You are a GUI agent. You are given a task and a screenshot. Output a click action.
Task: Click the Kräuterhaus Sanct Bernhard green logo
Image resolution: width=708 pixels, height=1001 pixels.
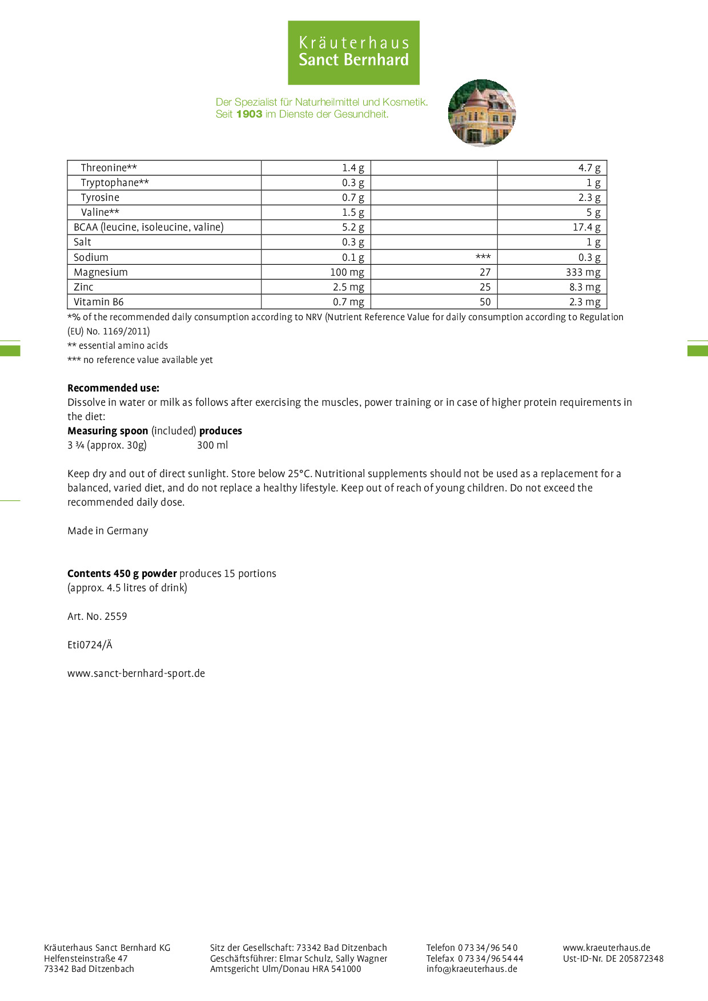point(353,53)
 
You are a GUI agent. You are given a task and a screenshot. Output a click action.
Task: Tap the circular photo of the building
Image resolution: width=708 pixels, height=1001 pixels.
point(482,113)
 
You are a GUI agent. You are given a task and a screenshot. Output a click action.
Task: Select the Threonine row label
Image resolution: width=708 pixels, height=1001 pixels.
point(108,168)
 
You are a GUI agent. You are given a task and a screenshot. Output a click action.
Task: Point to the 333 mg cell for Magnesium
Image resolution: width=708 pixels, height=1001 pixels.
point(583,272)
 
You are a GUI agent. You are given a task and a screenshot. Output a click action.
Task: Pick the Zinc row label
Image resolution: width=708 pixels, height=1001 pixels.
point(83,287)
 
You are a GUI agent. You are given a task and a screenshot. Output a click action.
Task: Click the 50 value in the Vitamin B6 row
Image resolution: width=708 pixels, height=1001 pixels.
point(485,302)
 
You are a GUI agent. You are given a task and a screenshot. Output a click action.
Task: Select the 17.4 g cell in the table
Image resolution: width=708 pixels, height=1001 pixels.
point(586,227)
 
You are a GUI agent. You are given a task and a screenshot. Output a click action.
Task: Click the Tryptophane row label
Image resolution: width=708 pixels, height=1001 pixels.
point(115,183)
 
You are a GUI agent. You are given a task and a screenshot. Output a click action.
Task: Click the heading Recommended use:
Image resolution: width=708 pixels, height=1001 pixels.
point(113,388)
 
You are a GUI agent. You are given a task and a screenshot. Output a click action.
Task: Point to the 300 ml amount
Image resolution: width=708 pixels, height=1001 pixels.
point(212,445)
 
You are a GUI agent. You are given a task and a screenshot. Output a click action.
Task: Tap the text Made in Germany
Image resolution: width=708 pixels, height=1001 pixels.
point(108,531)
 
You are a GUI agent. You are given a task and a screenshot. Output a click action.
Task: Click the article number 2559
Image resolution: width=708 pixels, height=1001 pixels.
point(116,616)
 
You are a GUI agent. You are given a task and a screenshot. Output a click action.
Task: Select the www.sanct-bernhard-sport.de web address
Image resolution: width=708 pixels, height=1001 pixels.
point(136,673)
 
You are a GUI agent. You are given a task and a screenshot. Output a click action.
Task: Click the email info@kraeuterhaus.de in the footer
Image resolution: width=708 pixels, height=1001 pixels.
point(472,968)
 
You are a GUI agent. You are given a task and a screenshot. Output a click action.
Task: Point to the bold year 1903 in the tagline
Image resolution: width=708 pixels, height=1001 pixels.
point(249,114)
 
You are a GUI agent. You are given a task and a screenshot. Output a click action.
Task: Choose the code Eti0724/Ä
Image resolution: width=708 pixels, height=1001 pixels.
point(90,645)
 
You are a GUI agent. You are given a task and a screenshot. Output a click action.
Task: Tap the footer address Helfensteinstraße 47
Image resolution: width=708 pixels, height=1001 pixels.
point(86,959)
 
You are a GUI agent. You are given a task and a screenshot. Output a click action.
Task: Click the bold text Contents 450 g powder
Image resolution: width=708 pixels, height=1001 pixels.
point(122,574)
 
